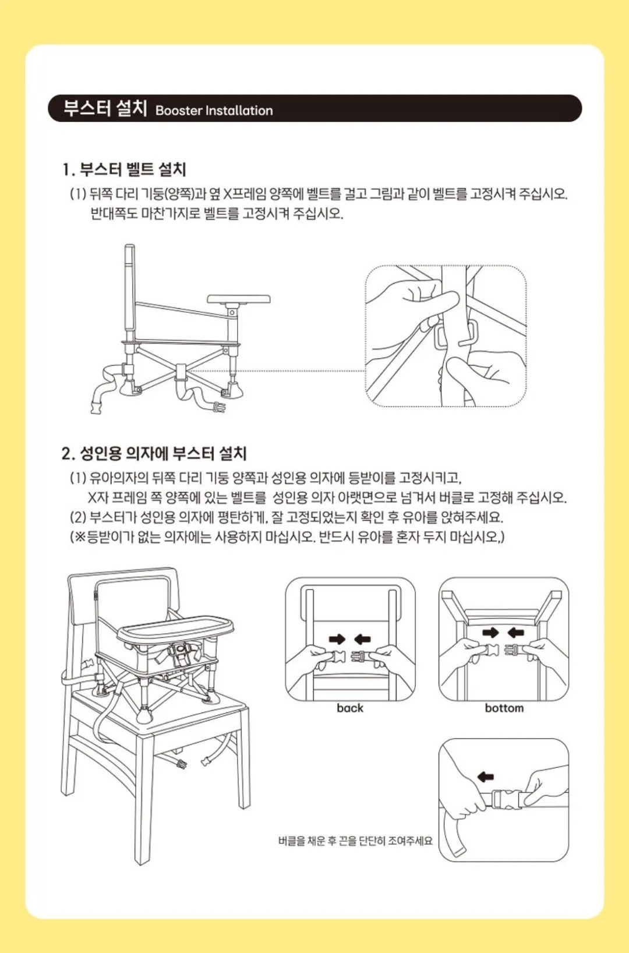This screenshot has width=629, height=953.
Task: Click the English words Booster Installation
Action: tap(214, 111)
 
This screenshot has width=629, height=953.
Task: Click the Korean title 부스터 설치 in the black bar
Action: tap(105, 108)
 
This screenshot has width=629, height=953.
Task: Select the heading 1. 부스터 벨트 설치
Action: tap(124, 170)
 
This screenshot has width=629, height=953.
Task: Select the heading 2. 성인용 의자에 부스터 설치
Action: tap(154, 454)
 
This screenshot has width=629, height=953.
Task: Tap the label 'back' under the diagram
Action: tap(350, 708)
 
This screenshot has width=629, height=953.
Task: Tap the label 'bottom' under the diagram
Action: tap(504, 708)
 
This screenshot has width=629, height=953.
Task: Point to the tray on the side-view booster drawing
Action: tap(239, 299)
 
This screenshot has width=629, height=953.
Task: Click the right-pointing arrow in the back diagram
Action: tap(337, 638)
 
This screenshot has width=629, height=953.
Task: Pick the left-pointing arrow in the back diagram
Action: tap(362, 638)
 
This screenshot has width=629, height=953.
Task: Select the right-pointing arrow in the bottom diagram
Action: tap(490, 633)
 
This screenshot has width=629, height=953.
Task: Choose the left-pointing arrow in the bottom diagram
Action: tap(516, 633)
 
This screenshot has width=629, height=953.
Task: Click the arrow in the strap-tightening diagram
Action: tap(485, 777)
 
